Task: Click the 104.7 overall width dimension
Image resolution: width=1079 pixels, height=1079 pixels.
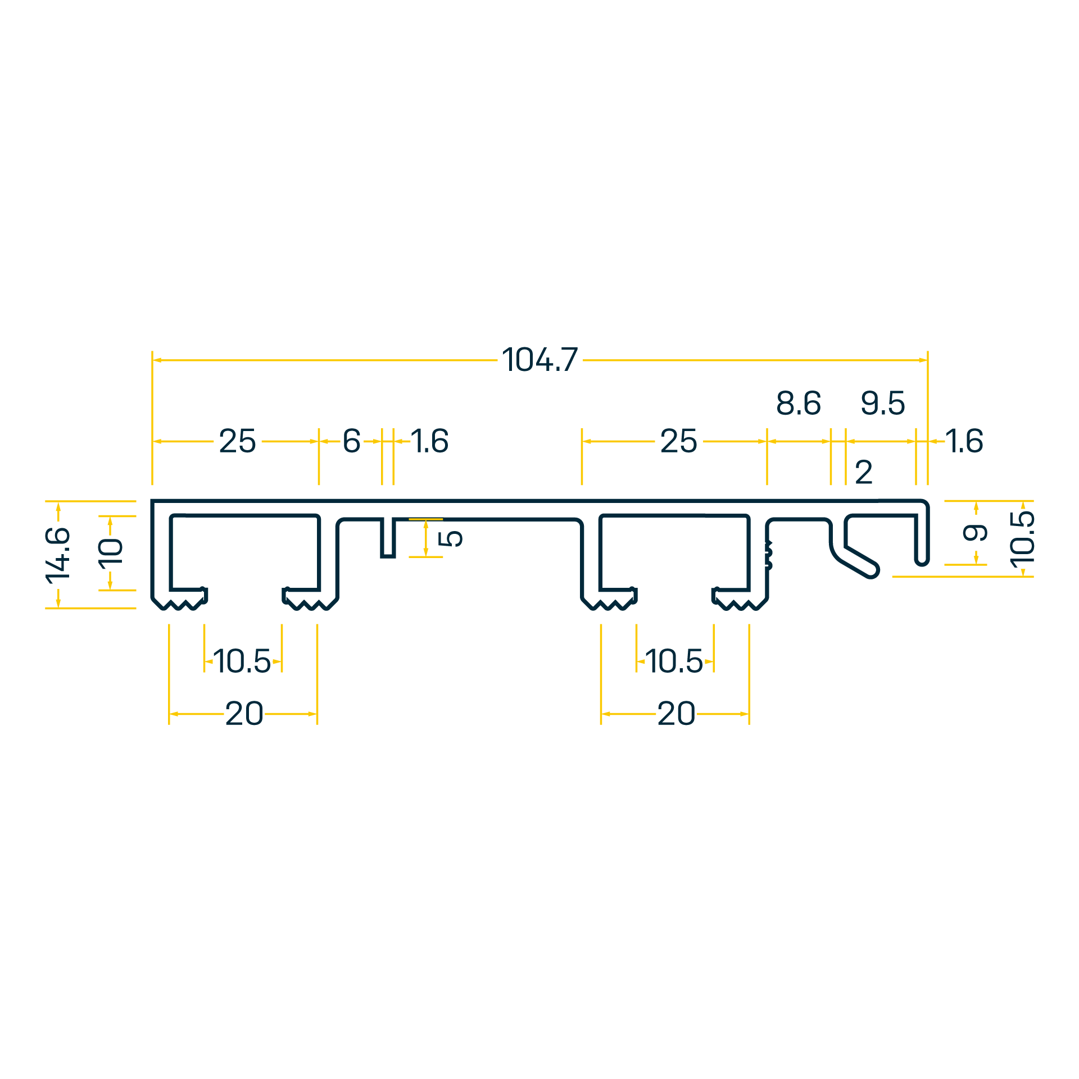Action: click(x=539, y=360)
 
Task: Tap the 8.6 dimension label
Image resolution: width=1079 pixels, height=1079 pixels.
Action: click(x=799, y=403)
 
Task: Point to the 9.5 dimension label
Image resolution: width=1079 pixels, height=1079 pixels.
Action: click(x=883, y=403)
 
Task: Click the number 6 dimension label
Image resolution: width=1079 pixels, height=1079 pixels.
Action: click(x=352, y=441)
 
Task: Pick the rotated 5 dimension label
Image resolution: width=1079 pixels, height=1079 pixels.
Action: click(x=450, y=538)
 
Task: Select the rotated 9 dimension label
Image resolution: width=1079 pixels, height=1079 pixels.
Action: click(x=975, y=532)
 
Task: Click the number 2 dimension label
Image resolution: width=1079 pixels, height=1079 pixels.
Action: click(x=864, y=472)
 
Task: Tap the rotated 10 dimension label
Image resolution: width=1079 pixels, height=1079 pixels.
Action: click(x=110, y=554)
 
